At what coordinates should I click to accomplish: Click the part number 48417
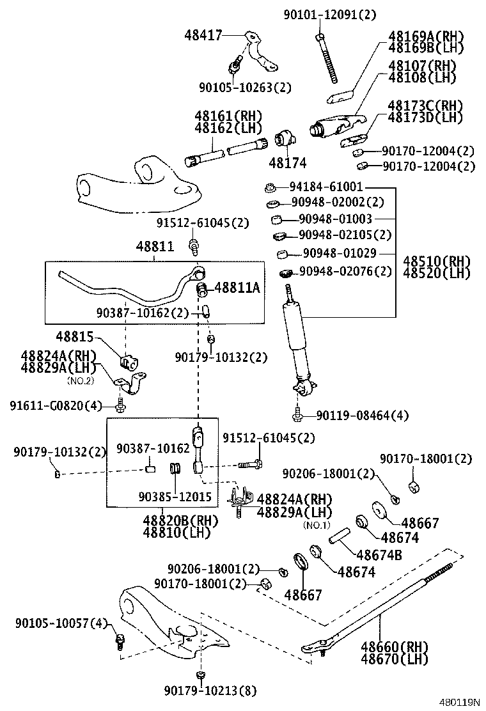(203, 35)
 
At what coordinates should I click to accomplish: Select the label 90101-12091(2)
(330, 15)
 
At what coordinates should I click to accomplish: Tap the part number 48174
(287, 163)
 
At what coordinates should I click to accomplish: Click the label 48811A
(237, 287)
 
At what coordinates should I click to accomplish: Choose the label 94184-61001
(326, 186)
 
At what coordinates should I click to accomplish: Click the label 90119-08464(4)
(362, 415)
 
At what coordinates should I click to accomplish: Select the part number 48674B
(379, 554)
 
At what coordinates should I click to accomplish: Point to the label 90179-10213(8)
(210, 691)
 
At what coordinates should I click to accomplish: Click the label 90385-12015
(175, 497)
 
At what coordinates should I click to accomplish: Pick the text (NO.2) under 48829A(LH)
(81, 381)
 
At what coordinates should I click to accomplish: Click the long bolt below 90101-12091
(327, 58)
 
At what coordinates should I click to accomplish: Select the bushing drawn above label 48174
(285, 138)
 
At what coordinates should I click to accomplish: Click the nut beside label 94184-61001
(270, 186)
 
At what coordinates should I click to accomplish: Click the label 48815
(75, 336)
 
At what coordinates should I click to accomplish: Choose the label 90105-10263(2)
(246, 87)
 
